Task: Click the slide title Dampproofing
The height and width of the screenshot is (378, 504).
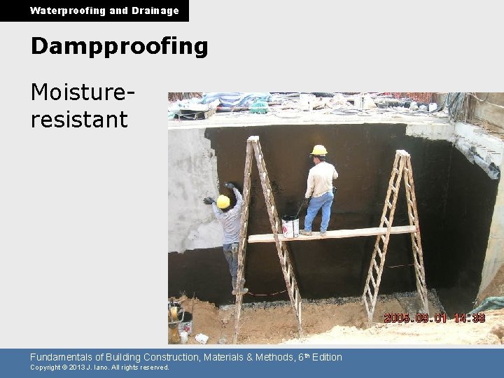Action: coord(119,46)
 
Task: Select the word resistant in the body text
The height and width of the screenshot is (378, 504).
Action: coord(78,119)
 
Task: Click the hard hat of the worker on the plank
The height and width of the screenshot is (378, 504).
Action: coord(319,150)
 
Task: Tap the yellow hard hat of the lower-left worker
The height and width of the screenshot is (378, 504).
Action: coord(223,202)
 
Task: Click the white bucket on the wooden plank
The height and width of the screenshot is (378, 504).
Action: coord(290,227)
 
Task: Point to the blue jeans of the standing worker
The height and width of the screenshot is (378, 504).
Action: coord(319,211)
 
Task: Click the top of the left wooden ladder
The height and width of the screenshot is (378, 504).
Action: coord(253,139)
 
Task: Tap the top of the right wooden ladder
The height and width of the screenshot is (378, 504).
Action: coord(402,153)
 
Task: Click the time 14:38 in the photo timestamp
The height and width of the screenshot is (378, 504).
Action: coord(468,318)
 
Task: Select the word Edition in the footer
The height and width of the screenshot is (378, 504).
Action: coord(327,357)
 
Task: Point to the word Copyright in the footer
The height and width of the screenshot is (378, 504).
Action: coord(45,367)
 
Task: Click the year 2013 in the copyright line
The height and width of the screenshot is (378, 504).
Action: coord(76,367)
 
